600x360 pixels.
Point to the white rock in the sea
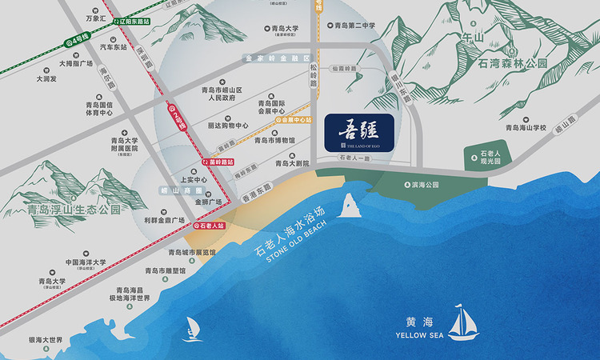click(349, 206)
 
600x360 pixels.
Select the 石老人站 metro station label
click(210, 226)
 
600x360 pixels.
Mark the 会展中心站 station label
click(293, 120)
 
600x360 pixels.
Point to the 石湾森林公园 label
click(512, 62)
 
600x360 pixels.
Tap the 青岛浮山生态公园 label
click(74, 210)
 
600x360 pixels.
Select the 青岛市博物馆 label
click(274, 140)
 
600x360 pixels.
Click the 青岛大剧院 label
click(291, 163)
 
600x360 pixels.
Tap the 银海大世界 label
click(46, 340)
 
